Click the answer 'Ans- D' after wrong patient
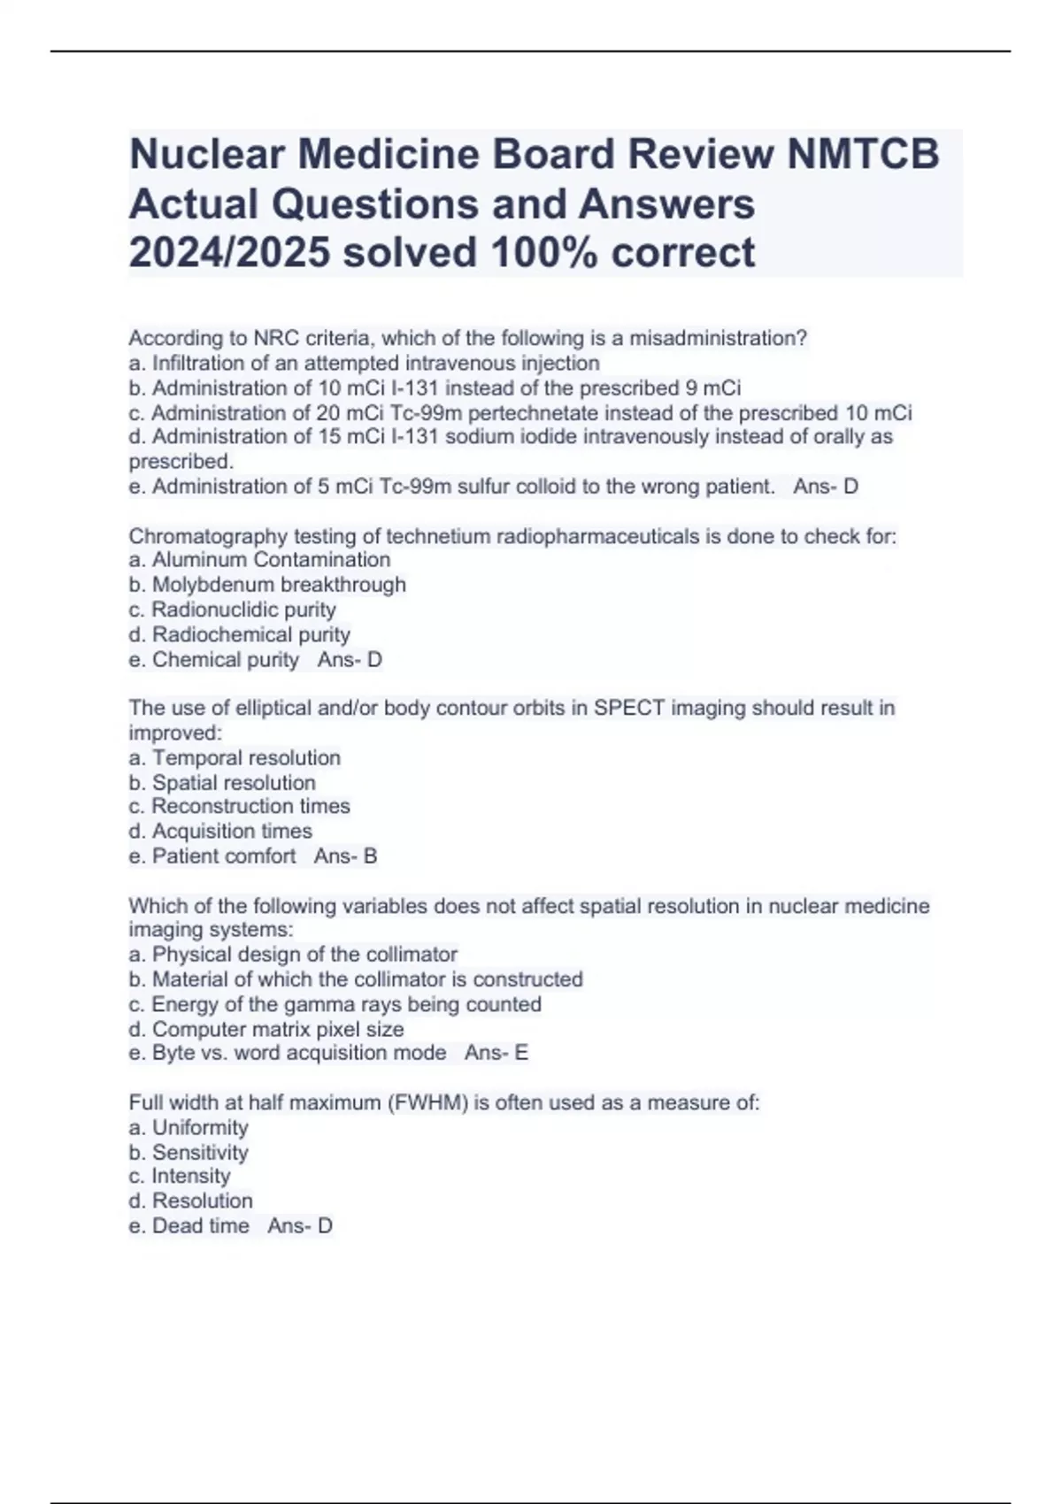click(826, 487)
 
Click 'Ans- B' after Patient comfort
click(346, 856)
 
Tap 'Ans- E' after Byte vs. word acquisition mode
click(496, 1053)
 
